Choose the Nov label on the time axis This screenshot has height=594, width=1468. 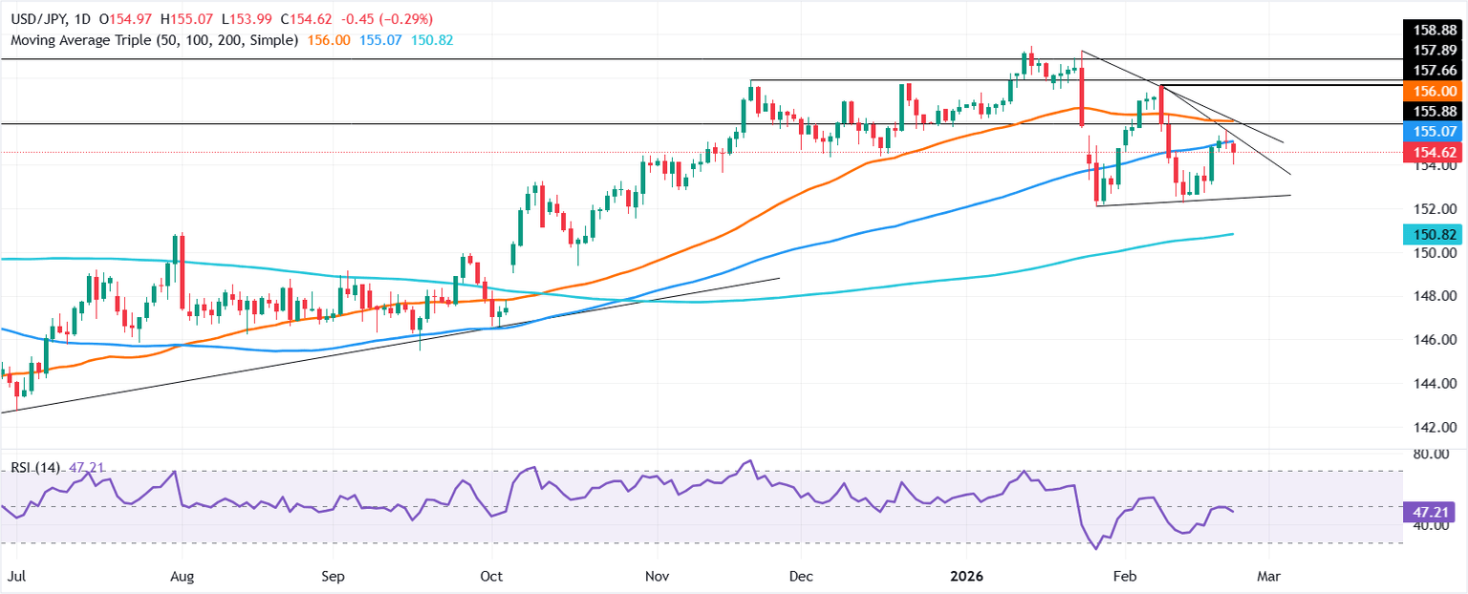coord(657,577)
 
